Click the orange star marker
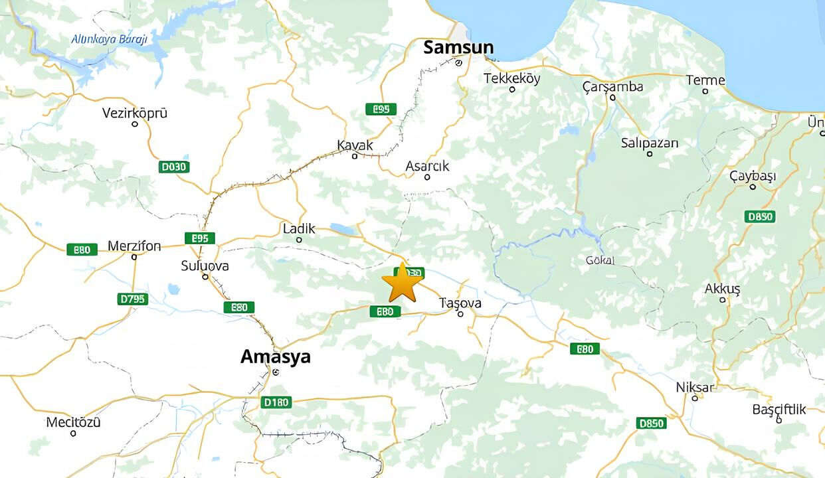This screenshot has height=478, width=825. click(x=403, y=283)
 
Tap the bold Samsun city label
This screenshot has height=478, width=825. click(x=458, y=48)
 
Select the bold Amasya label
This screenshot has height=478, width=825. click(x=275, y=357)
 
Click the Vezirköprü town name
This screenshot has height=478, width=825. click(x=135, y=113)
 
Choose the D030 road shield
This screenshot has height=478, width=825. click(x=174, y=167)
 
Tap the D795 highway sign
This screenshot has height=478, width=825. click(x=132, y=299)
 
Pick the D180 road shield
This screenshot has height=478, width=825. click(x=276, y=402)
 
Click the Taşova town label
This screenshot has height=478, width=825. click(x=460, y=303)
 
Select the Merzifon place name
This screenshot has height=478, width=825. click(x=134, y=246)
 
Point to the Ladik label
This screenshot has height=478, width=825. click(x=299, y=228)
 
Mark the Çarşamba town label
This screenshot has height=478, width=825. click(x=612, y=86)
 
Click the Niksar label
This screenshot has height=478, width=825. click(x=695, y=386)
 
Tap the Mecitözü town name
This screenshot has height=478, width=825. click(x=73, y=422)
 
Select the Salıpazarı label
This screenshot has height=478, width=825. click(x=650, y=143)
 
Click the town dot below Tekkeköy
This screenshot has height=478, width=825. click(x=512, y=90)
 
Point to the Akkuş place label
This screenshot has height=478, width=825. click(x=722, y=289)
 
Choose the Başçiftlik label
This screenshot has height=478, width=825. click(x=779, y=409)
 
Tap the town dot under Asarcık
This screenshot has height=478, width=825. click(x=427, y=177)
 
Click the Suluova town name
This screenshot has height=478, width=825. click(x=205, y=266)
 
